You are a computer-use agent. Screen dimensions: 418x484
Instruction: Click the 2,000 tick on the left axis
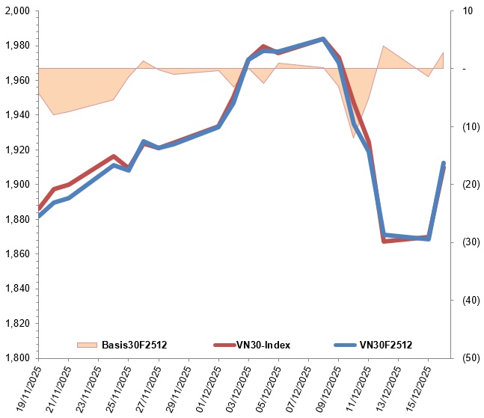(x=16, y=11)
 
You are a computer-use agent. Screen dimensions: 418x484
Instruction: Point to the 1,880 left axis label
(x=16, y=219)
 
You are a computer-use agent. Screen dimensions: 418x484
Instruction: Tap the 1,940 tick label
(x=16, y=115)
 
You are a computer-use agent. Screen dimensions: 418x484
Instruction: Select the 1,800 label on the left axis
(x=16, y=357)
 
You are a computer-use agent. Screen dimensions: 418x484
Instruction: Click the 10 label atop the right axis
(x=468, y=11)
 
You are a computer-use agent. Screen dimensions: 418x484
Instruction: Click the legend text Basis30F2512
(x=134, y=345)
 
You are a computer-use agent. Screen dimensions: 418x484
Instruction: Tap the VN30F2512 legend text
(x=386, y=345)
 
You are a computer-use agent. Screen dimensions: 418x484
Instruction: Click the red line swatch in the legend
(x=228, y=345)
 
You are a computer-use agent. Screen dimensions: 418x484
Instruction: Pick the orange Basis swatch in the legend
(x=87, y=345)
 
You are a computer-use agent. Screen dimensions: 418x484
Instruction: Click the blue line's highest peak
(x=323, y=39)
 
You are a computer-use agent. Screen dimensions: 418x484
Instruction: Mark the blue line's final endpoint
(x=444, y=163)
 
